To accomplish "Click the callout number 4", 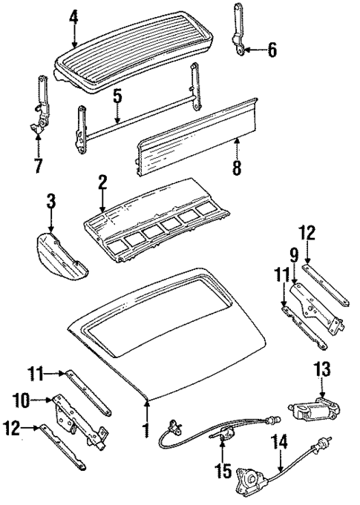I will point(73,16).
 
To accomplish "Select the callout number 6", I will point(272,50).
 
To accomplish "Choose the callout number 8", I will point(237,169).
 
